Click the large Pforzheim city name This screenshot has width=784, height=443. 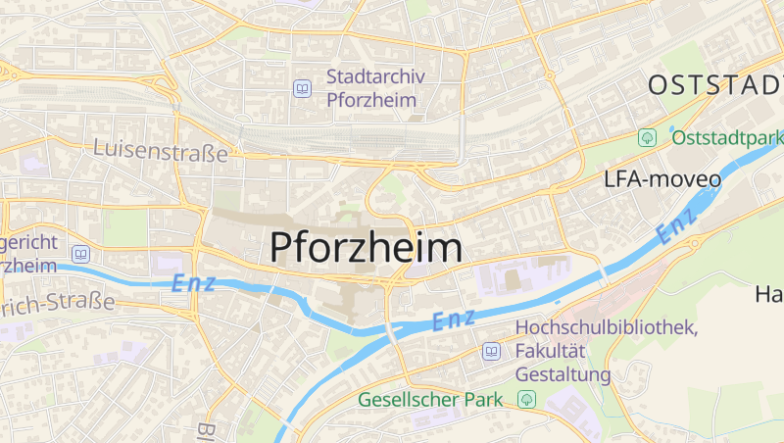click(x=366, y=247)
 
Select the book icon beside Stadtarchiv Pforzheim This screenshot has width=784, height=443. click(x=303, y=89)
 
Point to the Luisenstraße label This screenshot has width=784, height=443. click(x=161, y=152)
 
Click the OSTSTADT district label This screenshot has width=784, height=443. click(x=715, y=85)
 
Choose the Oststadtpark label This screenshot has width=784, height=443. click(x=727, y=137)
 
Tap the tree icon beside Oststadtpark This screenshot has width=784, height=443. click(x=647, y=137)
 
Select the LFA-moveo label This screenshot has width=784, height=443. click(x=662, y=179)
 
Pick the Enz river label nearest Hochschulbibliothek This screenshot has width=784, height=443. click(x=454, y=319)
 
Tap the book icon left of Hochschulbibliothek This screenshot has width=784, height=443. click(x=491, y=351)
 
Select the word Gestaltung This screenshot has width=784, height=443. click(x=563, y=374)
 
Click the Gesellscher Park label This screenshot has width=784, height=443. click(x=430, y=399)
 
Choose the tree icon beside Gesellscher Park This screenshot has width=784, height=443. click(x=527, y=399)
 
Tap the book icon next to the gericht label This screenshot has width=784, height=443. click(x=81, y=254)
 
